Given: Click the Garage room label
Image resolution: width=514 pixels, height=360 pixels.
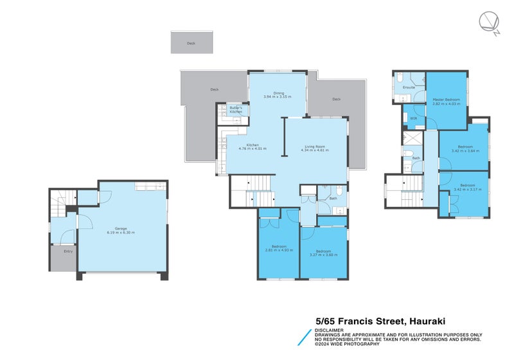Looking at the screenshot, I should pyautogui.click(x=120, y=228).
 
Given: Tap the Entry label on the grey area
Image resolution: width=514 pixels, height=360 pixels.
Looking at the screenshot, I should pyautogui.click(x=67, y=251).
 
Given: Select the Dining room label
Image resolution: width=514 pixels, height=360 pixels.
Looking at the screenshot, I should pyautogui.click(x=278, y=93).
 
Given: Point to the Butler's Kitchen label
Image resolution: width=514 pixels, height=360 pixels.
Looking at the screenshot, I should pyautogui.click(x=236, y=110).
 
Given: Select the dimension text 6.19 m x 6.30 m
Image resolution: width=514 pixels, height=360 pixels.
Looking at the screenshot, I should pyautogui.click(x=120, y=233).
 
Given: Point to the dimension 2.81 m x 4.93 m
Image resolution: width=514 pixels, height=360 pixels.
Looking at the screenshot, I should pyautogui.click(x=279, y=250).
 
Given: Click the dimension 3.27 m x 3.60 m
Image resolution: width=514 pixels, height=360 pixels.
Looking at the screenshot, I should pyautogui.click(x=323, y=255).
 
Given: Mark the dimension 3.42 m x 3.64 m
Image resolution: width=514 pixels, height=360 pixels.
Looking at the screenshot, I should pyautogui.click(x=465, y=151).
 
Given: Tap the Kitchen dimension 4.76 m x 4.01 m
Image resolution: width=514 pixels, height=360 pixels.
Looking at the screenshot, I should pyautogui.click(x=252, y=148).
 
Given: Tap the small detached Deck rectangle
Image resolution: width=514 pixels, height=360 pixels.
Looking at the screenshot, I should pyautogui.click(x=191, y=43).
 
